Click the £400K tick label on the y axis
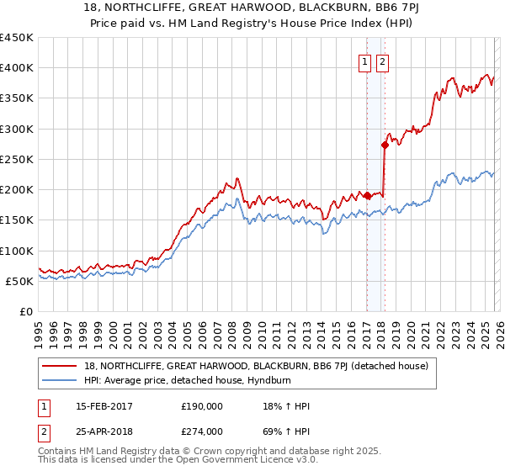(17, 68)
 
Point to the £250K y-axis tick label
(17, 159)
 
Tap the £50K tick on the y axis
(20, 281)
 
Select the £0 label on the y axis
(27, 311)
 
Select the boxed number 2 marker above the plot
(382, 61)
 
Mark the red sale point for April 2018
(385, 145)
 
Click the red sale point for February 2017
(367, 196)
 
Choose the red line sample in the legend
(61, 366)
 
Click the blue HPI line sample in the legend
(61, 380)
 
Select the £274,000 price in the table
(201, 431)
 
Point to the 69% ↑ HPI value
(286, 431)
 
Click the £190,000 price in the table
(201, 407)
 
